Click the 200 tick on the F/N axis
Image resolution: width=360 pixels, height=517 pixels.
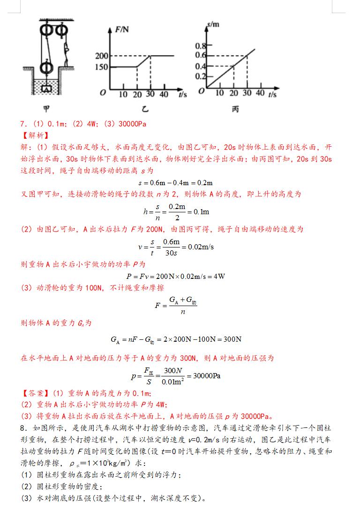pyautogui.click(x=102, y=56)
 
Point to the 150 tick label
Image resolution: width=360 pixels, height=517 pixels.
pyautogui.click(x=102, y=67)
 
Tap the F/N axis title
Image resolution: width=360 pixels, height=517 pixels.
pyautogui.click(x=123, y=30)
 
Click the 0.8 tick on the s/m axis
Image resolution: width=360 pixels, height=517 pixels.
pyautogui.click(x=201, y=46)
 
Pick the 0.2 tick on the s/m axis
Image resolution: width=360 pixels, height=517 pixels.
pyautogui.click(x=201, y=76)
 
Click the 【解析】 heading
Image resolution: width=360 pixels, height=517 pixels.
pyautogui.click(x=34, y=135)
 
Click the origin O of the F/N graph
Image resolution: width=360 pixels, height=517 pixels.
pyautogui.click(x=103, y=93)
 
